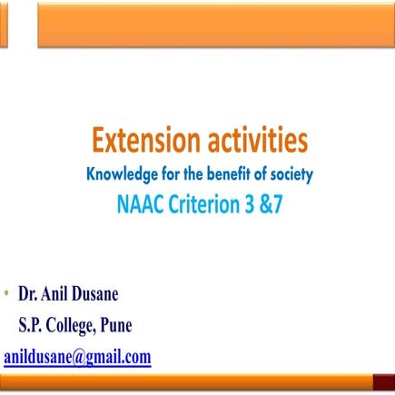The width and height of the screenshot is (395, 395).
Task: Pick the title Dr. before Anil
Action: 29,294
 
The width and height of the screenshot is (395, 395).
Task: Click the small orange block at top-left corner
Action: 4,24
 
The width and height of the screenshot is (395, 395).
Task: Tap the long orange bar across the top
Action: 215,24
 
